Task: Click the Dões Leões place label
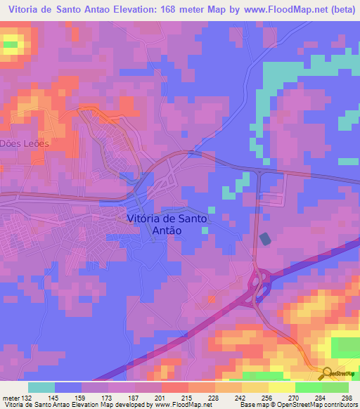click(26, 143)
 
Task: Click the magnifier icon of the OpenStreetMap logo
click(328, 372)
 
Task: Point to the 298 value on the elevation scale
click(346, 398)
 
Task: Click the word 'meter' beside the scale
click(9, 398)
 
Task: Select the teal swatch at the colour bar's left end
click(41, 387)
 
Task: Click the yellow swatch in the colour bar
click(281, 387)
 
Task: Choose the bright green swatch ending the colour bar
click(335, 387)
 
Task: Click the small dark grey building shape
click(265, 240)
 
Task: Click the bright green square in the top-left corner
click(11, 45)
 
